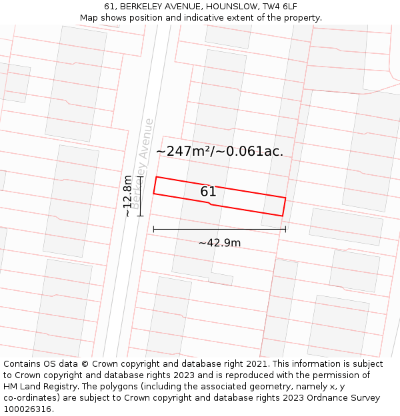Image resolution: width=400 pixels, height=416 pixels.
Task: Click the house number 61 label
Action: pos(208,192)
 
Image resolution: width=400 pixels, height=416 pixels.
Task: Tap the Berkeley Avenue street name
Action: pos(143,162)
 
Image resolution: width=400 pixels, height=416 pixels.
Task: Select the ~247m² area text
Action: pos(183,151)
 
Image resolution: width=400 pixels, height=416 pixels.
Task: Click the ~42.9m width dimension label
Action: pos(219,243)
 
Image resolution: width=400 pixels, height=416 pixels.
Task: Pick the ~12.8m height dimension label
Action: pos(128,196)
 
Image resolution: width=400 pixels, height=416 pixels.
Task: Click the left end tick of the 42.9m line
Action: pos(153,229)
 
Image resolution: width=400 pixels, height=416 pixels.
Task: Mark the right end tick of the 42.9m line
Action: pos(285,229)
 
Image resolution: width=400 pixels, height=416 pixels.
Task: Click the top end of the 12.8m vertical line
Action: pos(141,177)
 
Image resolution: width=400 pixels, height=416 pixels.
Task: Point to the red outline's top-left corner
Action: pos(156,177)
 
